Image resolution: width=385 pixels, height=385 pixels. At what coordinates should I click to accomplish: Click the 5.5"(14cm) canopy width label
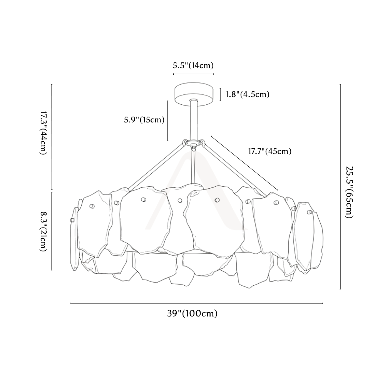click(x=193, y=65)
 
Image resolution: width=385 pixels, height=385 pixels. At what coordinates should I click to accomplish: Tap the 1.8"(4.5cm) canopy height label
click(x=248, y=94)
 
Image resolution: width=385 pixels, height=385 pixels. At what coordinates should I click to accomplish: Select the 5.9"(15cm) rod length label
click(x=144, y=120)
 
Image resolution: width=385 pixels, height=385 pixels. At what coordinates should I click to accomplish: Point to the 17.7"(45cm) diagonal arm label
click(x=270, y=151)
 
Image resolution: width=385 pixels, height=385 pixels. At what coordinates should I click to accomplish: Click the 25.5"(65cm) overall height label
click(x=349, y=192)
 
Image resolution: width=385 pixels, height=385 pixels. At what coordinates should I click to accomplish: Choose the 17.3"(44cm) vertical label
click(x=43, y=133)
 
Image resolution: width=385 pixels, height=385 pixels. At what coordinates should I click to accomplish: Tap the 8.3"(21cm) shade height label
click(x=43, y=231)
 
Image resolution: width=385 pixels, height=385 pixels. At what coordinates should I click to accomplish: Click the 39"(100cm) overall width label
click(x=192, y=313)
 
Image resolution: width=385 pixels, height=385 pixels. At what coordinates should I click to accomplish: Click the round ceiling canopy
click(x=194, y=94)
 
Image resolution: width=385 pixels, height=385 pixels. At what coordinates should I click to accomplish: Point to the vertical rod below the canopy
click(x=194, y=120)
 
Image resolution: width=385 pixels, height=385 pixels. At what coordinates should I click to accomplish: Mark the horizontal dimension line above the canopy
click(x=194, y=74)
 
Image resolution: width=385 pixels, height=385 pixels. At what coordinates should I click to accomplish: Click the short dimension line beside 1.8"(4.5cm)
click(x=220, y=95)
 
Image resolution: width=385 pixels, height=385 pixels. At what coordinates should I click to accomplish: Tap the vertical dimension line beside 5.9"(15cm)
click(x=168, y=121)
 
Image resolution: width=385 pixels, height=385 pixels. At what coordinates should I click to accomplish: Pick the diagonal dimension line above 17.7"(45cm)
click(x=244, y=163)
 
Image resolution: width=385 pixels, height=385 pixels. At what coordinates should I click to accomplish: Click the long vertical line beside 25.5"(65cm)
click(x=341, y=187)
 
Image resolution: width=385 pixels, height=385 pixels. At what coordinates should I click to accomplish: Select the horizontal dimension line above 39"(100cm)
click(x=197, y=303)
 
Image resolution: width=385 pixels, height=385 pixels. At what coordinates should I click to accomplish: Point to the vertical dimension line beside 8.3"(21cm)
click(x=52, y=231)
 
